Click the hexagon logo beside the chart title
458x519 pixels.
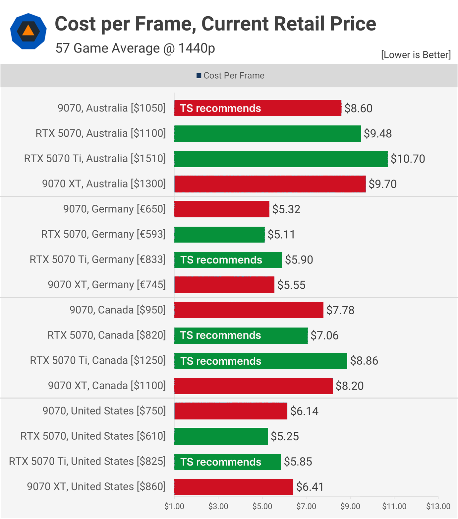click(28, 31)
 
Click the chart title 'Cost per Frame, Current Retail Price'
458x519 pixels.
click(215, 24)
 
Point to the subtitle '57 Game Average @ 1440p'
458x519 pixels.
click(135, 48)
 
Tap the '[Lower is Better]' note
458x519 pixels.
click(416, 55)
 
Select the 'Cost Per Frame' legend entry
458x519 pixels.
click(230, 76)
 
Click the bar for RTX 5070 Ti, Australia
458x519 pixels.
click(281, 159)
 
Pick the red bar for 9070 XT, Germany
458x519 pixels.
click(224, 285)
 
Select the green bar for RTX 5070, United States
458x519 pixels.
click(221, 436)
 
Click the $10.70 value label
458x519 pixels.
click(408, 159)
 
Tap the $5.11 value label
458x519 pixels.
click(281, 235)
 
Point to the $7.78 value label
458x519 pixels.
click(340, 310)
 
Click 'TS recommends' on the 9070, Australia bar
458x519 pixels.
click(220, 108)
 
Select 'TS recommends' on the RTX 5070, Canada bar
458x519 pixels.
click(220, 335)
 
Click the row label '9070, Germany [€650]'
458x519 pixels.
click(114, 209)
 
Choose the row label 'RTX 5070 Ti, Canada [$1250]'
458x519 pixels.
click(98, 360)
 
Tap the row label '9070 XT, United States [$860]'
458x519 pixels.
click(96, 486)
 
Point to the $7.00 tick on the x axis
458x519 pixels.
click(306, 506)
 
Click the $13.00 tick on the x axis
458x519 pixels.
click(438, 506)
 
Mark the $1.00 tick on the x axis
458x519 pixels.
click(174, 506)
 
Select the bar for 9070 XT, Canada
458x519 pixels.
click(254, 386)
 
